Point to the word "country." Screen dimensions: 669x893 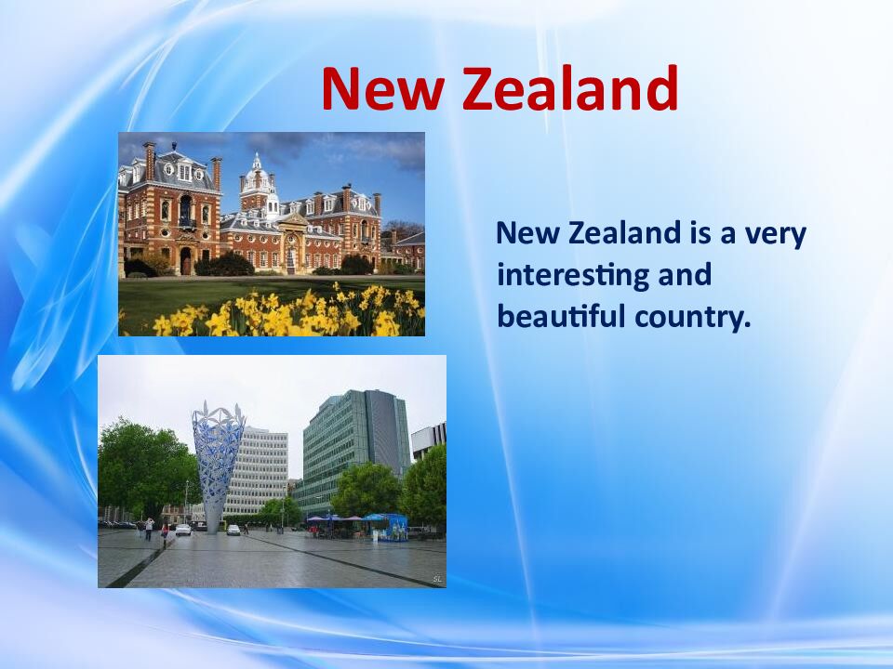click(692, 316)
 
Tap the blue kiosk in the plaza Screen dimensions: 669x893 click(387, 526)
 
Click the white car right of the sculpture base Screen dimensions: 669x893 click(233, 530)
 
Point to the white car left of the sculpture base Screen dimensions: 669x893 click(183, 529)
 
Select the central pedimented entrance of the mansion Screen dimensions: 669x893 click(292, 246)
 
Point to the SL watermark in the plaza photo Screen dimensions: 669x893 click(437, 580)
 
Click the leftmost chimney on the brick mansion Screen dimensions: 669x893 click(149, 160)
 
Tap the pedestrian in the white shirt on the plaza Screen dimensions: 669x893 click(148, 527)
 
